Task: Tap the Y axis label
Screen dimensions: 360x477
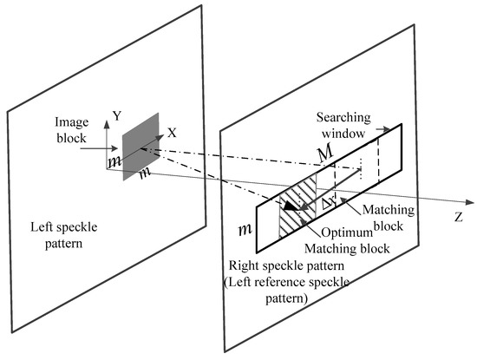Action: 114,113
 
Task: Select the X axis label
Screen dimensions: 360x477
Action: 172,133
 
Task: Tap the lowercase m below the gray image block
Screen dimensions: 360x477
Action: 142,173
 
